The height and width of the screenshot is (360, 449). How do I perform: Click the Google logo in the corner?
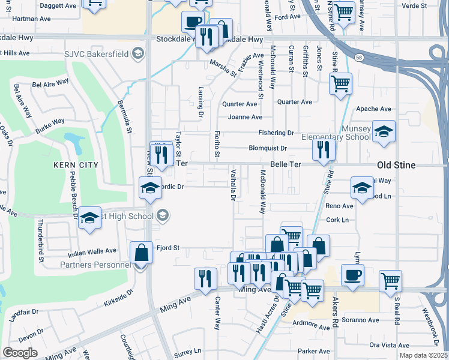20,353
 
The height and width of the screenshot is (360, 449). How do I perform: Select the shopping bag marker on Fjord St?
142,251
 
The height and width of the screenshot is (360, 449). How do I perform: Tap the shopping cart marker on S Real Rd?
390,280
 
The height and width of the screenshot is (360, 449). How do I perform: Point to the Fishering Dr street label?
276,133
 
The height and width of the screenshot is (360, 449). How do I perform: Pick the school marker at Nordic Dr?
150,187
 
